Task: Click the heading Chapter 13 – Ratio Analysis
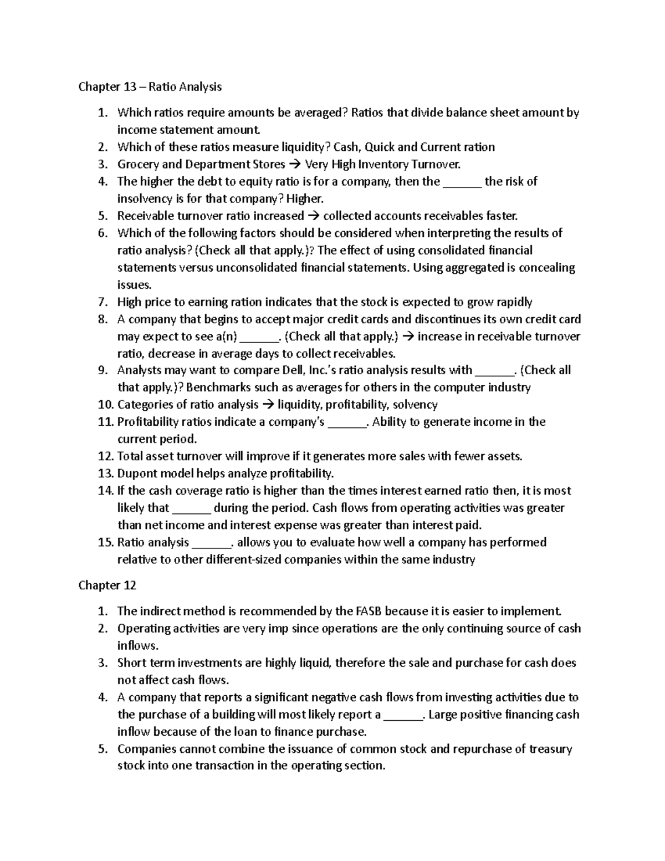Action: tap(150, 86)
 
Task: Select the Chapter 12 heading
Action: tap(107, 585)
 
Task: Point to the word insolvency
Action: tap(145, 198)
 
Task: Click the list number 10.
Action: tap(105, 405)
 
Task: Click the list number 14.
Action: tap(105, 491)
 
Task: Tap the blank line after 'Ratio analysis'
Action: tap(212, 543)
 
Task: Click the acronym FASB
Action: tap(367, 611)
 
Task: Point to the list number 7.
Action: tap(103, 302)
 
